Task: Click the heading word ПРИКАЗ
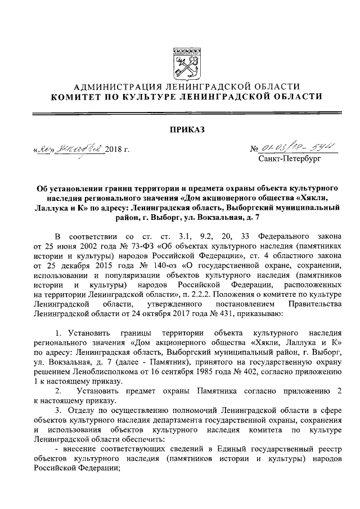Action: pyautogui.click(x=179, y=130)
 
